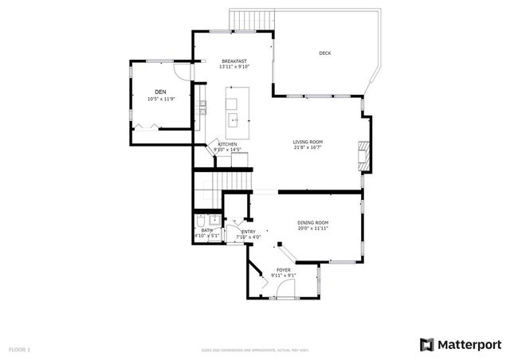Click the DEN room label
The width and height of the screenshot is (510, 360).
click(160, 92)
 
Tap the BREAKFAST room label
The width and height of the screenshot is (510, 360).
click(234, 61)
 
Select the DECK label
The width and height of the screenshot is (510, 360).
click(324, 53)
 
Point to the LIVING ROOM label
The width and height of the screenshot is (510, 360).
click(308, 142)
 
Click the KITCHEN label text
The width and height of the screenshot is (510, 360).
click(227, 144)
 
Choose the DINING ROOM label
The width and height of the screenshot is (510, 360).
click(313, 222)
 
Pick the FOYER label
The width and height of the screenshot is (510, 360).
click(284, 270)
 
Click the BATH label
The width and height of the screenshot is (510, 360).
click(206, 230)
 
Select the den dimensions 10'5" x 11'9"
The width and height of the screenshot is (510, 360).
click(161, 100)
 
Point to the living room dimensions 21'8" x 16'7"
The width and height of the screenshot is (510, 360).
click(308, 148)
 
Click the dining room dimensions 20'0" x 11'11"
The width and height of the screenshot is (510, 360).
click(313, 229)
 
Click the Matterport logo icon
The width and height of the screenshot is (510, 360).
click(427, 344)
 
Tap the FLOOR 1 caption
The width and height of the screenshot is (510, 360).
click(19, 349)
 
